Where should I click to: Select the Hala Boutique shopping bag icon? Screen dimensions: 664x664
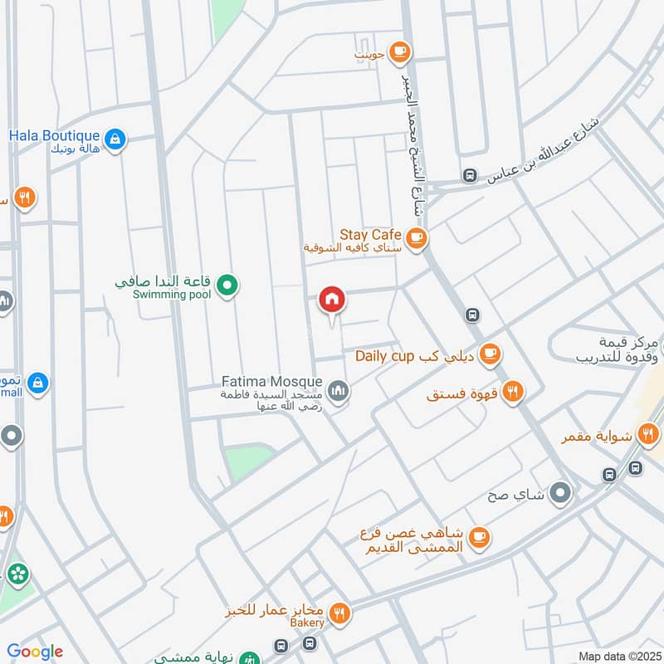[x=115, y=139]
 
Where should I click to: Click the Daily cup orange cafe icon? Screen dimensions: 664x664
[x=491, y=355]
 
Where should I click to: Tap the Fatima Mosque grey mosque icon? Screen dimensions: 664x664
[x=339, y=390]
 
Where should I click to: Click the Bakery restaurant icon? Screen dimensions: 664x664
[x=339, y=614]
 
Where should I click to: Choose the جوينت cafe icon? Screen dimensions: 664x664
[x=399, y=52]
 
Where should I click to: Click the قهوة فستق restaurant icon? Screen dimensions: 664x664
[x=513, y=392]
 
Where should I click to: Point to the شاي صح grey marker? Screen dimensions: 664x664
[x=561, y=494]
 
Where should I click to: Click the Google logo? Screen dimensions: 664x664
[x=35, y=652]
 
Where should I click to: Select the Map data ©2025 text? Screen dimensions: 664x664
[x=618, y=656]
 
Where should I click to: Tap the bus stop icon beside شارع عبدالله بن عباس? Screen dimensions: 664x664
[x=470, y=176]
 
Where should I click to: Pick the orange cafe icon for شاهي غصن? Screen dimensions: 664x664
[x=478, y=539]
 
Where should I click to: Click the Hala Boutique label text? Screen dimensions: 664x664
[x=55, y=134]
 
